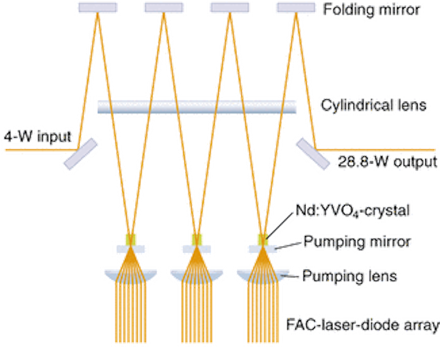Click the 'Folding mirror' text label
point(371,9)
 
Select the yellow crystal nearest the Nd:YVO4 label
point(263,240)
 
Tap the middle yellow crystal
point(197,240)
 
